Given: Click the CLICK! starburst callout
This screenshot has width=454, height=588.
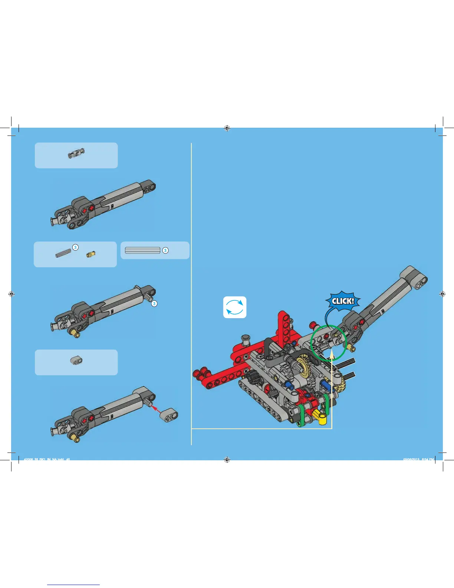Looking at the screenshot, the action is point(343,301).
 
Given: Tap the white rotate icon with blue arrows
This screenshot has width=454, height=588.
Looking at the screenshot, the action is point(234,307).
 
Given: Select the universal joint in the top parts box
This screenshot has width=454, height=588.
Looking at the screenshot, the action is point(76,153).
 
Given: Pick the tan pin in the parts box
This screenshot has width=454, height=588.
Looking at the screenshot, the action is point(91,254).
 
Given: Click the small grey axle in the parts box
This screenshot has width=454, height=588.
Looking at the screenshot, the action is point(63,253).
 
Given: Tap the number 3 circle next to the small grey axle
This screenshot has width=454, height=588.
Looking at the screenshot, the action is point(75,247).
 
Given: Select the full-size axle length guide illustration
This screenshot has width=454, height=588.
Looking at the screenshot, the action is point(142,251).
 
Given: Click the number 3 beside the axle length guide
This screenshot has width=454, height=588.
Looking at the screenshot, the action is point(165,251).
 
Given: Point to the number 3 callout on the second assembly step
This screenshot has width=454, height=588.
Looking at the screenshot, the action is point(154,304).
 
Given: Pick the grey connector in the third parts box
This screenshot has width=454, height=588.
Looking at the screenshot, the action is point(76,360).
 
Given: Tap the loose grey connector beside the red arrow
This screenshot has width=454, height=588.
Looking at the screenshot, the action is point(169,415).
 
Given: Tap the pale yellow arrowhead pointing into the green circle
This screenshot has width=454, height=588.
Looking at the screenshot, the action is point(332,357).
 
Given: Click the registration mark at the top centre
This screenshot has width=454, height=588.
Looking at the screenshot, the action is point(227,128).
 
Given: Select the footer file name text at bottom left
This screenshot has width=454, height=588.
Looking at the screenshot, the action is point(47,460).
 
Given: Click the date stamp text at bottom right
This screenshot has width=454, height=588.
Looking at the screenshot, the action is point(418,460).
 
